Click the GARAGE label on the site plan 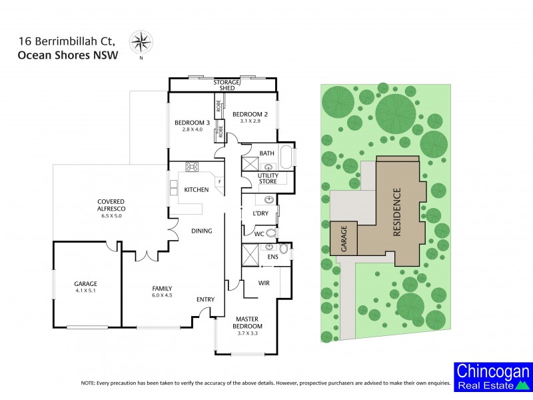point(344,237)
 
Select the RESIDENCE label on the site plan point(397,213)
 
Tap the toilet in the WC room point(270,233)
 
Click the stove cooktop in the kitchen point(193,167)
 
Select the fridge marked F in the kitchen point(219,181)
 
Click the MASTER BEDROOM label point(247,322)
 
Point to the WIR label point(264,283)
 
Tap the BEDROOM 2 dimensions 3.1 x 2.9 point(250,122)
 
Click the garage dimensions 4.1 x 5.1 point(85,291)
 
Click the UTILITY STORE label point(267,178)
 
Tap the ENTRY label point(205,299)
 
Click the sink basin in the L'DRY point(269,199)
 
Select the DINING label point(201,231)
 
